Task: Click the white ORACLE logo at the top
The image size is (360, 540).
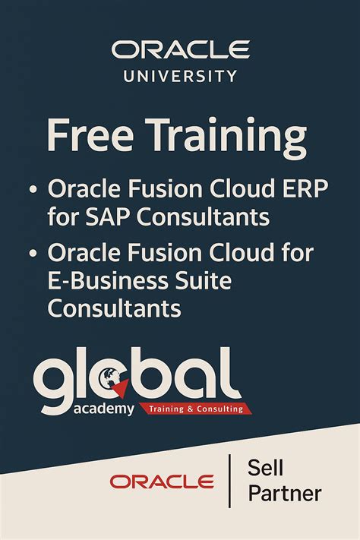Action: pos(180,50)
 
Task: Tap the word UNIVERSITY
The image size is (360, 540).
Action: pos(180,76)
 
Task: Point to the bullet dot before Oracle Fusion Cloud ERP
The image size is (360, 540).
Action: pos(33,189)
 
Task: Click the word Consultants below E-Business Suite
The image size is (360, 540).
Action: pos(115,309)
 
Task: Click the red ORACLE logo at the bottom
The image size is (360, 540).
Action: pos(161,481)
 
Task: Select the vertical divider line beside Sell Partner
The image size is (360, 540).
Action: pos(229,481)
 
